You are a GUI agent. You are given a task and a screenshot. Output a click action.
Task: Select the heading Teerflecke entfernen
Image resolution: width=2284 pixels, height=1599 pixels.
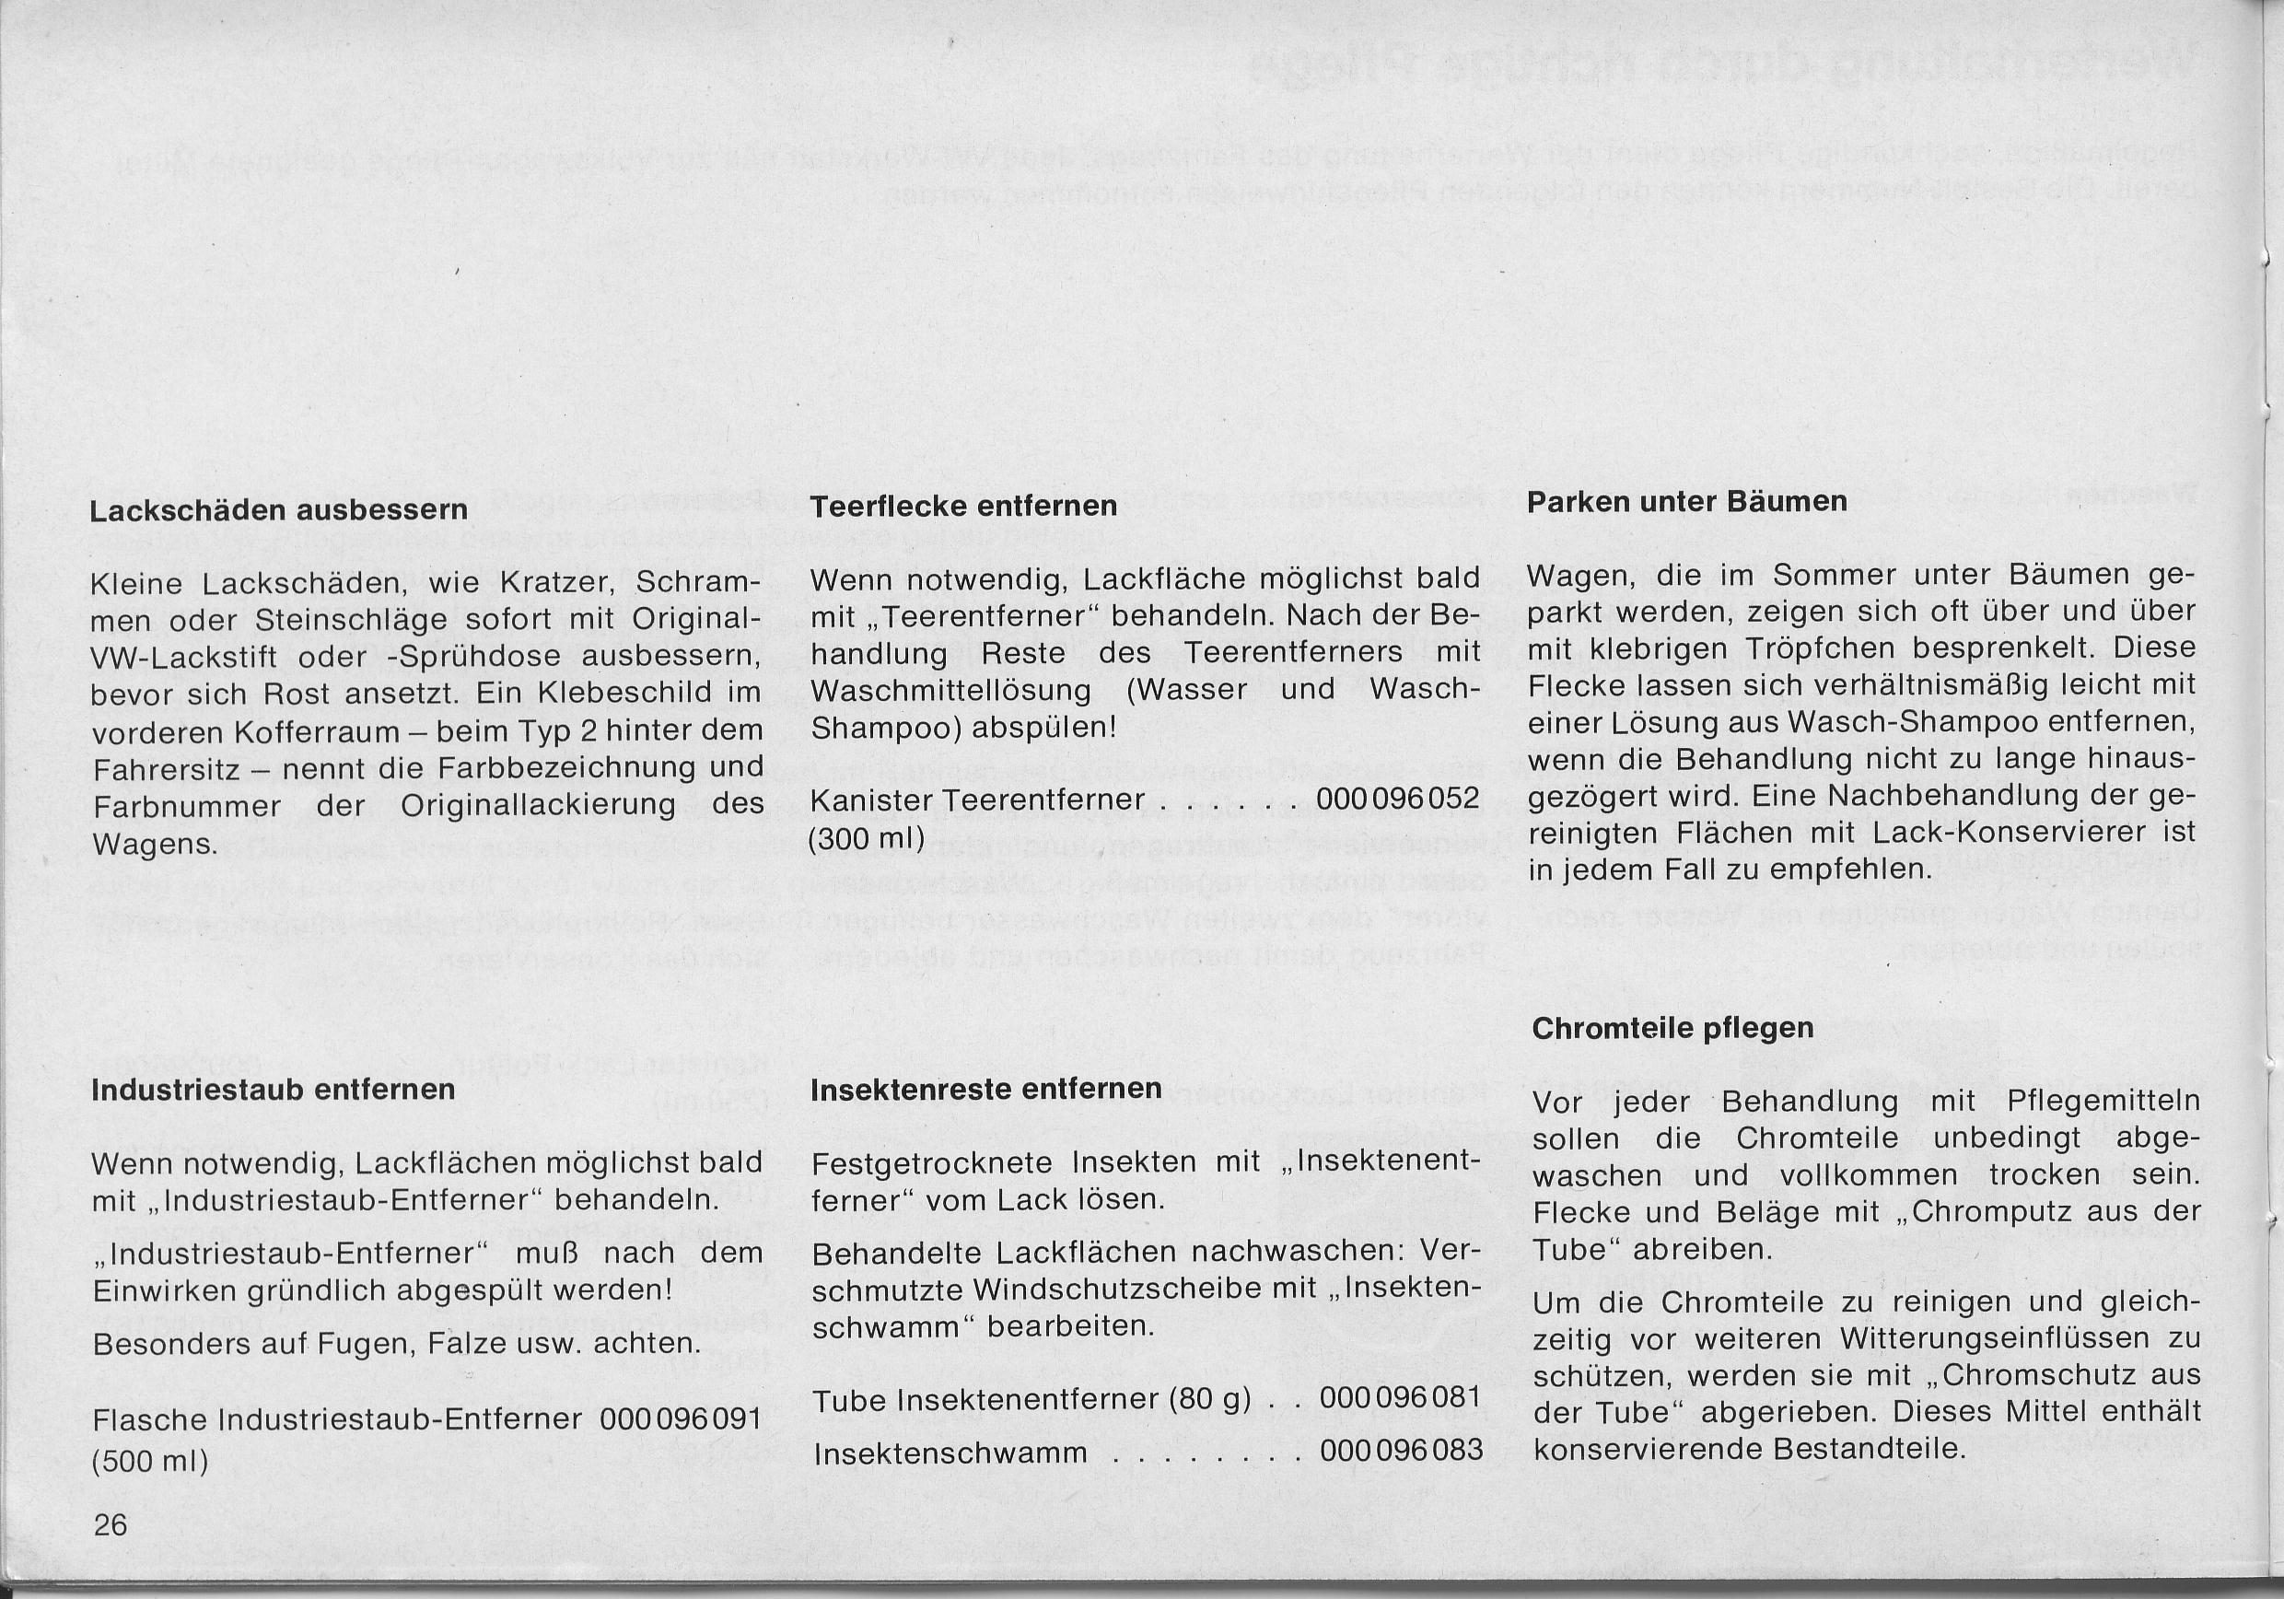[x=963, y=507]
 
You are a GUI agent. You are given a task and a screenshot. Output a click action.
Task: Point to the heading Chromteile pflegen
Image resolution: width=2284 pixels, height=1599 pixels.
[x=1672, y=1028]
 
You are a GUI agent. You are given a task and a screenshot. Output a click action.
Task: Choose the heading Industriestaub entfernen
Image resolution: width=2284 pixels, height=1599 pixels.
[x=273, y=1090]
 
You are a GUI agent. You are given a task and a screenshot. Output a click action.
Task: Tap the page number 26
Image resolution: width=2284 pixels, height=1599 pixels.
[x=111, y=1524]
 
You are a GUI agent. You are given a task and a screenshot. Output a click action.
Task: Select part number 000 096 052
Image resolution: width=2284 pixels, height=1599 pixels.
[x=1398, y=800]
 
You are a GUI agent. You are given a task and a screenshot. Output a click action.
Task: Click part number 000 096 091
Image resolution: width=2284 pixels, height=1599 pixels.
[x=681, y=1418]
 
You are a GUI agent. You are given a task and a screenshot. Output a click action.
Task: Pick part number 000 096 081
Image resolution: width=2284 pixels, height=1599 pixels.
[x=1401, y=1398]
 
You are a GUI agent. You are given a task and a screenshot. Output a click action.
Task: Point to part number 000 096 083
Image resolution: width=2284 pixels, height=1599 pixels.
[x=1401, y=1451]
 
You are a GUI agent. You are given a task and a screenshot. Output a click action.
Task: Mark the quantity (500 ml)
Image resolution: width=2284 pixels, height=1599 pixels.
[x=149, y=1462]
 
